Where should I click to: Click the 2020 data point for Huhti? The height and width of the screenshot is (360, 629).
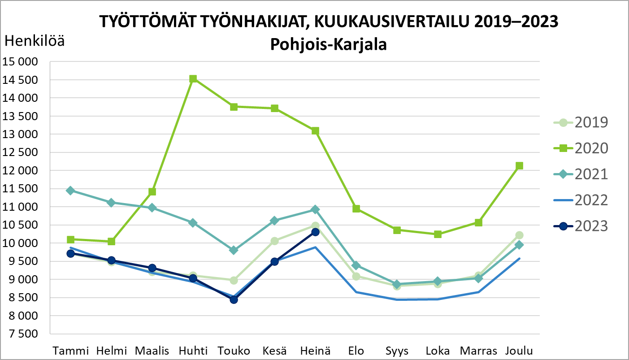click(x=193, y=79)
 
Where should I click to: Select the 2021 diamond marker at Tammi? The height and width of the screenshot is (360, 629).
click(x=70, y=191)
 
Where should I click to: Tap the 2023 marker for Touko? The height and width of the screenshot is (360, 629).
click(x=234, y=299)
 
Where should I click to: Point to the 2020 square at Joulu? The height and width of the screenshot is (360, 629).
click(x=520, y=166)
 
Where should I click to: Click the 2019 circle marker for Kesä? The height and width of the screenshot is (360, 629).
click(x=274, y=241)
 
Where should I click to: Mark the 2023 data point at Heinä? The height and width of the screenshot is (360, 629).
click(x=315, y=232)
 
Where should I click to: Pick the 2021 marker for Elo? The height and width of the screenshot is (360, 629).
click(x=356, y=265)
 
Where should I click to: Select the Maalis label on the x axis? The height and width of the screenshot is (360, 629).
click(x=152, y=351)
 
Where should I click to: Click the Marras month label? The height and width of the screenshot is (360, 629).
click(x=478, y=351)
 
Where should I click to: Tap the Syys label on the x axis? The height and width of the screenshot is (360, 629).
click(x=397, y=351)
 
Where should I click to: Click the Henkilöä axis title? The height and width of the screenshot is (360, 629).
click(x=34, y=42)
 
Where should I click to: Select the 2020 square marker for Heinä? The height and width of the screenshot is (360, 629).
click(x=315, y=131)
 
